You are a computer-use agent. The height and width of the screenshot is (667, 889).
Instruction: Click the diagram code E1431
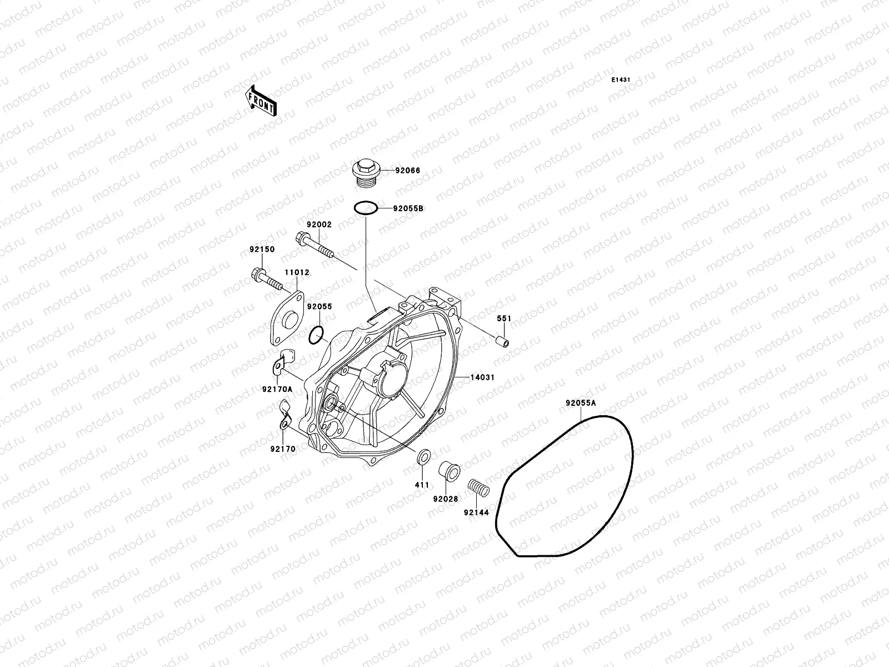[x=621, y=80]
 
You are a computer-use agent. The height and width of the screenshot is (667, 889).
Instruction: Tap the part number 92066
[x=408, y=171]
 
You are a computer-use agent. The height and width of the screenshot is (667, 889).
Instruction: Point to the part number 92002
[x=319, y=225]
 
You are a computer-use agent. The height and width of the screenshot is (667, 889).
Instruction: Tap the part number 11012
[x=297, y=273]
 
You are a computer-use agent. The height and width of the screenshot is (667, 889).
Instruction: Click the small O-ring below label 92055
[x=316, y=335]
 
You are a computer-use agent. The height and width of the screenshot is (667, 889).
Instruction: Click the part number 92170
[x=283, y=449]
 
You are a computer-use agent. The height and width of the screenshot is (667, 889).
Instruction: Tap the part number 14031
[x=482, y=377]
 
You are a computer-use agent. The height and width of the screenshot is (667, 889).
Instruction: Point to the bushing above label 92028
[x=448, y=471]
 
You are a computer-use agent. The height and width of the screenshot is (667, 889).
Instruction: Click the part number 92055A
[x=581, y=403]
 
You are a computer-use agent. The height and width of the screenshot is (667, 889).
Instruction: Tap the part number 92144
[x=476, y=512]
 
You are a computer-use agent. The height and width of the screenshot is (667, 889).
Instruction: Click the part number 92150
[x=262, y=250]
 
